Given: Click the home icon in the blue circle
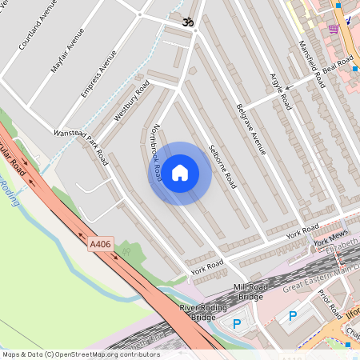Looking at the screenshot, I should pos(180,173).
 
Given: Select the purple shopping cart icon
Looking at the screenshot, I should pos(334,29).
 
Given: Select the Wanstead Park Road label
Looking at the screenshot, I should pos(80,146).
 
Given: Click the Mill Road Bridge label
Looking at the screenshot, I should pos(248,292).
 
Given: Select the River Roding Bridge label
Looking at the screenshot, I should pos(198,312).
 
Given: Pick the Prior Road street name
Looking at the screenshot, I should pos(329,303).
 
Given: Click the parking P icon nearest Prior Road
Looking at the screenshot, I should pos(292,316).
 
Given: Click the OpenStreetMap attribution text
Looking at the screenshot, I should pos(80,354).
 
